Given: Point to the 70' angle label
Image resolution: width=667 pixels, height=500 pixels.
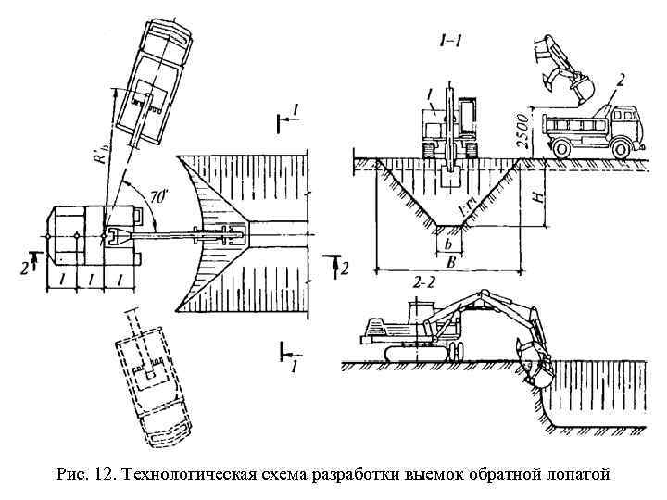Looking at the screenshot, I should point(157,196).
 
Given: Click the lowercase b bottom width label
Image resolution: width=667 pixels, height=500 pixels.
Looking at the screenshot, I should point(449,244).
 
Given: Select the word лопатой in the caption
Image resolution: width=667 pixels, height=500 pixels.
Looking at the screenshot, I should point(576,475).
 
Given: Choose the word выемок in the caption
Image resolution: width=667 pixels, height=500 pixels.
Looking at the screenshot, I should point(435,475).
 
